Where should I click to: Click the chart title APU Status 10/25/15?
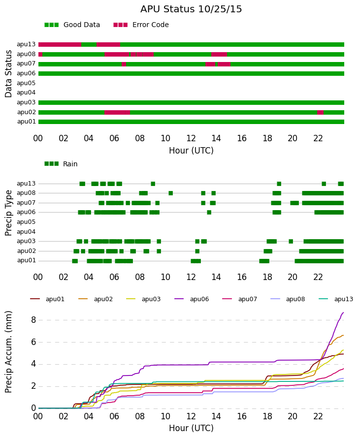click(191, 9)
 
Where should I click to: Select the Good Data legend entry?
click(72, 25)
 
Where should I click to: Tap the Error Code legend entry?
click(141, 25)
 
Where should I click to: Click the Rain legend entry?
click(61, 164)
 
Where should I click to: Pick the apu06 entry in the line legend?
click(192, 299)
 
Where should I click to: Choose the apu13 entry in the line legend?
click(336, 299)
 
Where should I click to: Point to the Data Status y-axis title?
click(8, 74)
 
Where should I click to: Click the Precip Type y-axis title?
click(8, 213)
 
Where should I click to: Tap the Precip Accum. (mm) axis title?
click(8, 352)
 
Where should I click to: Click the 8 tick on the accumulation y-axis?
click(33, 320)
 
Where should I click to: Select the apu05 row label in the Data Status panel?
click(26, 83)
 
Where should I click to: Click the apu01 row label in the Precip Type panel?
click(27, 260)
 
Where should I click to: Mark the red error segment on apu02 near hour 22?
click(320, 112)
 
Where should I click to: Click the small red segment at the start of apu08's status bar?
click(40, 54)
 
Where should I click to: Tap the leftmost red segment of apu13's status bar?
click(60, 44)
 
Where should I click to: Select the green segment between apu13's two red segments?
click(89, 44)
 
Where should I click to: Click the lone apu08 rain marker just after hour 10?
click(171, 193)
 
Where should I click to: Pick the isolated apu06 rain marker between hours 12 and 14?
click(209, 212)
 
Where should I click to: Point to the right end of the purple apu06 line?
click(344, 313)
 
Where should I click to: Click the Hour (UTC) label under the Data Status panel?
click(191, 151)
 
